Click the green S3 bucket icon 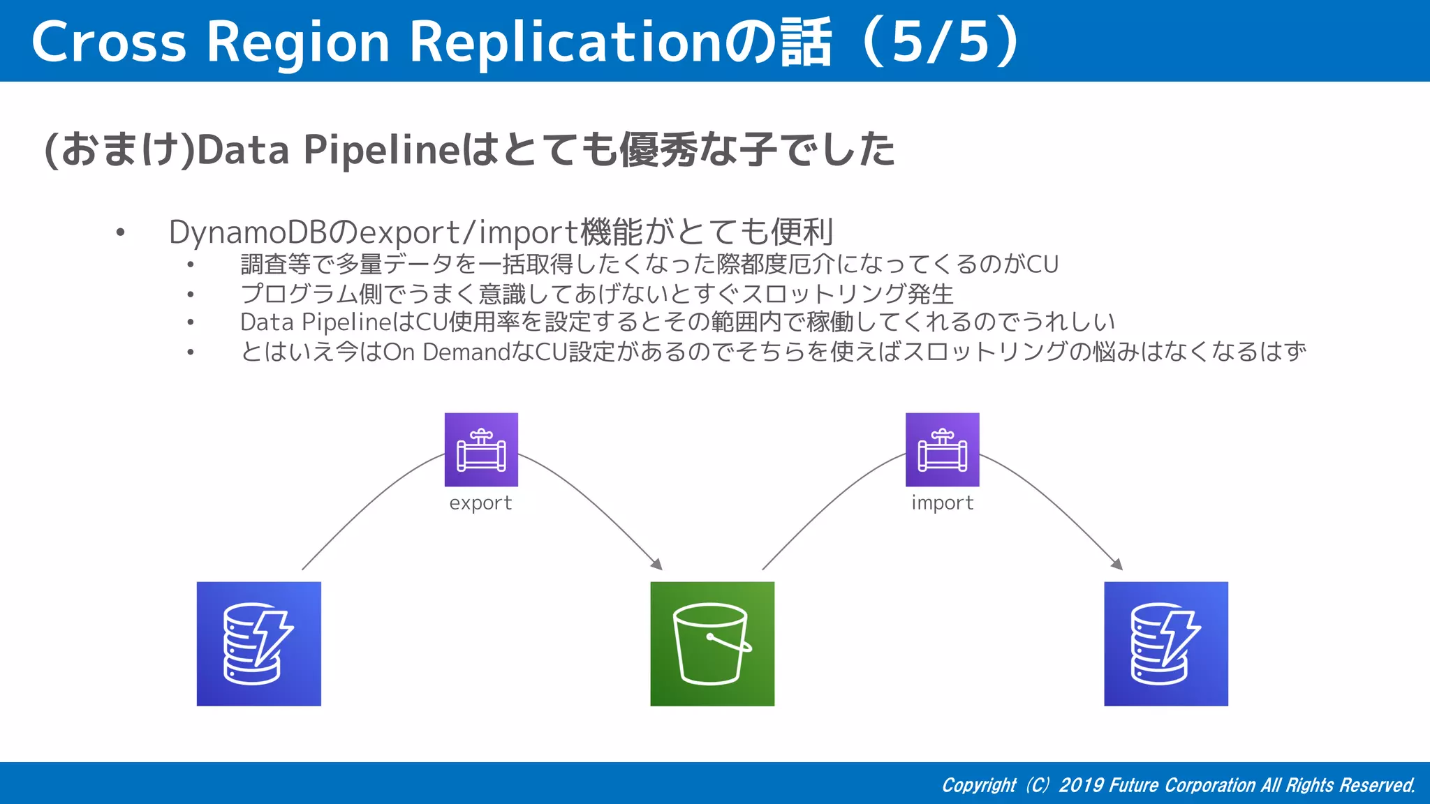click(x=712, y=643)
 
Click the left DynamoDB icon click(x=258, y=643)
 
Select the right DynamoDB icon click(x=1165, y=643)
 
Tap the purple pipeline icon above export click(x=481, y=449)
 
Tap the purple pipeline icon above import click(x=942, y=449)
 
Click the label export click(x=480, y=502)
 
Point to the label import click(x=942, y=502)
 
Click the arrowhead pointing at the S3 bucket click(x=656, y=564)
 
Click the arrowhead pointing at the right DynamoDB click(x=1117, y=564)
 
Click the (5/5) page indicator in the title click(x=941, y=42)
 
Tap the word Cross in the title click(x=108, y=42)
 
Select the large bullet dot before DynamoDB click(x=121, y=232)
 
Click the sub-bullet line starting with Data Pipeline click(x=677, y=322)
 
